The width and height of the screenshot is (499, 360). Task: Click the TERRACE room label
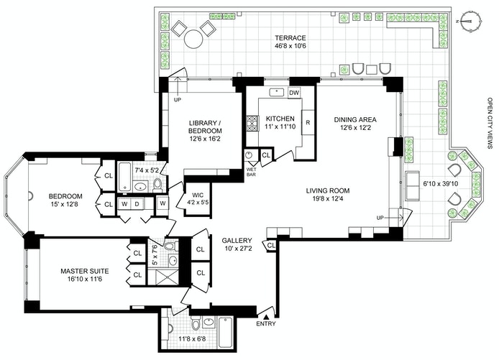coord(290,38)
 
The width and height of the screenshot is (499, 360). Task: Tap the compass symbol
coord(470,22)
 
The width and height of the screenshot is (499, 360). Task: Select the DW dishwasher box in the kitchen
coord(294,93)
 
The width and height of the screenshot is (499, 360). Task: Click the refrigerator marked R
coord(308,122)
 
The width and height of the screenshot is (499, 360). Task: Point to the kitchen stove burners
coord(252,124)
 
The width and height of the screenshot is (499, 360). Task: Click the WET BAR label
coord(251,172)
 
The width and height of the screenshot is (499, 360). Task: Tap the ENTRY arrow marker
coord(266,317)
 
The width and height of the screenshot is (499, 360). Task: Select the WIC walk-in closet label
coord(198,195)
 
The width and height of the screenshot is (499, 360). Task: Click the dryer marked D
coord(137,204)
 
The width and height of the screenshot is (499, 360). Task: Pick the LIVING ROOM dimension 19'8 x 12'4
coord(328,199)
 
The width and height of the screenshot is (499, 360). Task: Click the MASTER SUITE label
coord(85,272)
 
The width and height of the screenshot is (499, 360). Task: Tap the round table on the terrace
coord(193,39)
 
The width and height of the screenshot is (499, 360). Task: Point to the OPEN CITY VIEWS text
coord(490,123)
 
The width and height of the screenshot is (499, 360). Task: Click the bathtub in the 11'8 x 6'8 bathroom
coord(225,332)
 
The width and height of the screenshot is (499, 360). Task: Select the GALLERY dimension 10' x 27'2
coord(237,249)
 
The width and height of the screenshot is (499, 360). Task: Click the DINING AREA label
coord(355,119)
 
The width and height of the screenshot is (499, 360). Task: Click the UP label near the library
coord(178,100)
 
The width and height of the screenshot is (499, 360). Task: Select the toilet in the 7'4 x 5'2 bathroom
coord(157,185)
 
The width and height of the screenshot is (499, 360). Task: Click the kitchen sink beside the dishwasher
coord(278,92)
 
